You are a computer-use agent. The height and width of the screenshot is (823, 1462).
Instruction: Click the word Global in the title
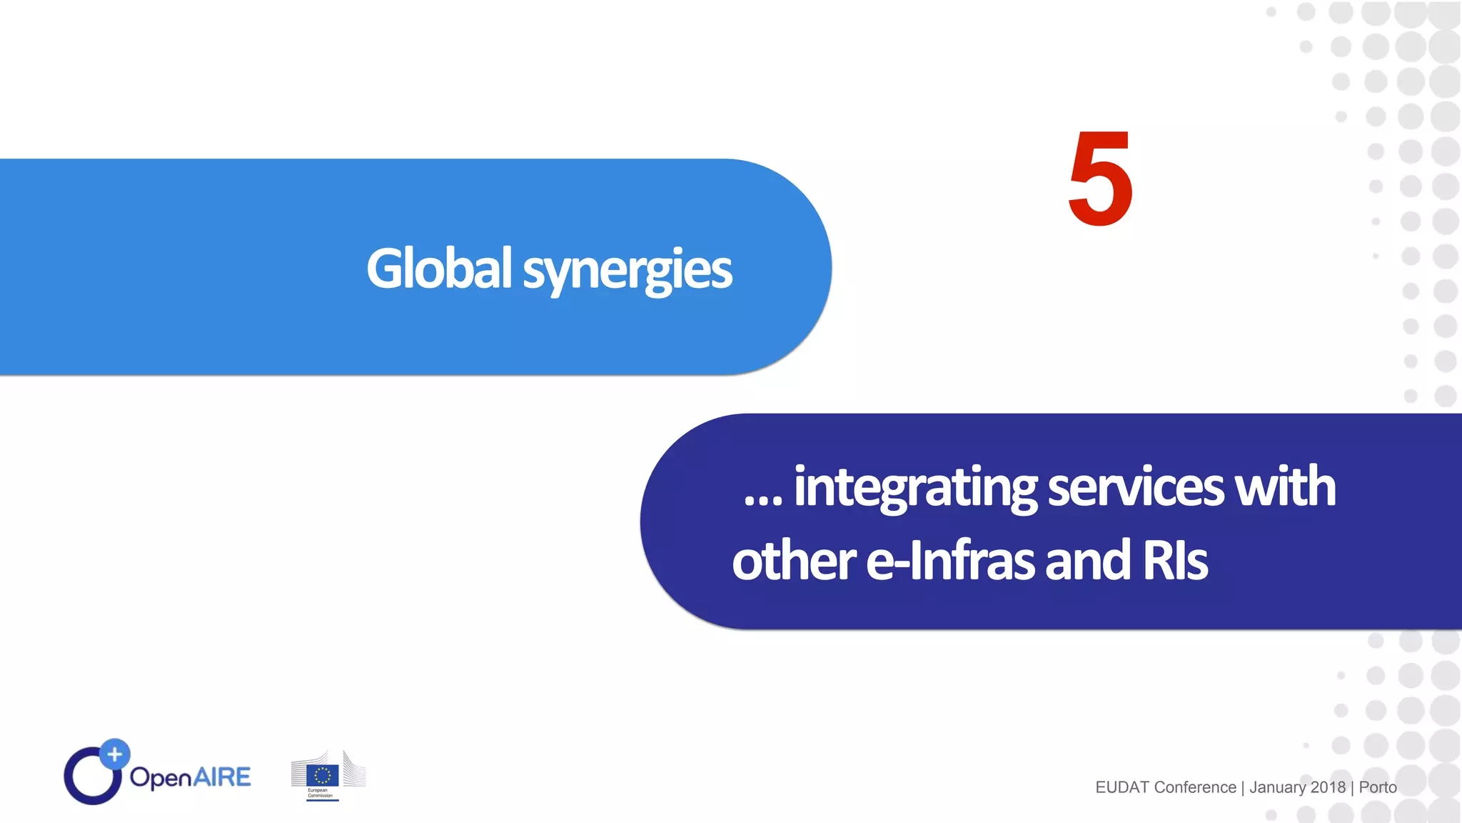click(x=438, y=269)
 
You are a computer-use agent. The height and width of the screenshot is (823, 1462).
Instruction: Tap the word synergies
click(x=627, y=270)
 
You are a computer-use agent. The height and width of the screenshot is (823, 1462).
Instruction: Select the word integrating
click(x=914, y=487)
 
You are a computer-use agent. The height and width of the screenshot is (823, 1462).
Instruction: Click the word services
click(x=1135, y=487)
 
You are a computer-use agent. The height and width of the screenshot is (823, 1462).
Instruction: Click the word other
click(x=792, y=561)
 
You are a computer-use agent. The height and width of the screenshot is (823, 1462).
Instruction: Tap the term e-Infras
click(x=950, y=561)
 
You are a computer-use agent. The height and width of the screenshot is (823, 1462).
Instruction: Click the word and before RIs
click(x=1088, y=561)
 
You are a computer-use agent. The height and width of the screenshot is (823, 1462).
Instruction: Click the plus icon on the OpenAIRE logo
click(x=114, y=754)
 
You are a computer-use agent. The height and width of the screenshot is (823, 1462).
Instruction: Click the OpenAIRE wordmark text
click(x=190, y=777)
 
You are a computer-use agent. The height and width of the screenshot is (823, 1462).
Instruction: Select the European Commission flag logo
click(x=323, y=775)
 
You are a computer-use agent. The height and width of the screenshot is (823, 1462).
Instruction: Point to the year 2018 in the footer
click(x=1328, y=787)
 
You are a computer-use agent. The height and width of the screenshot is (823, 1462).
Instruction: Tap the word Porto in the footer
click(x=1377, y=787)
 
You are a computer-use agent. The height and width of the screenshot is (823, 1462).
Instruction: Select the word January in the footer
click(x=1277, y=787)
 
